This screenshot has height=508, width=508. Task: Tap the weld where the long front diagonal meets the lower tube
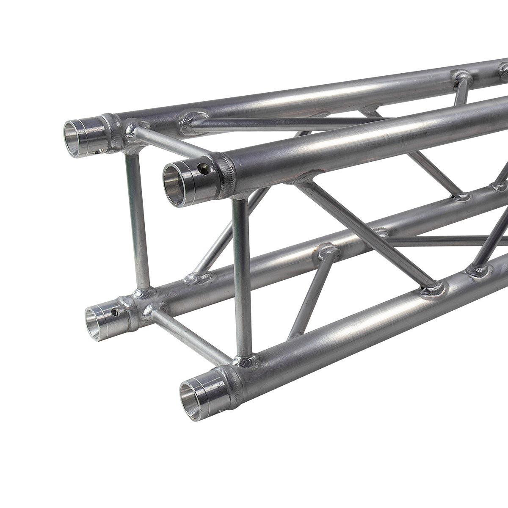[x=434, y=289]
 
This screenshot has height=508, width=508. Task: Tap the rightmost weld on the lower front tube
[x=478, y=269]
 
